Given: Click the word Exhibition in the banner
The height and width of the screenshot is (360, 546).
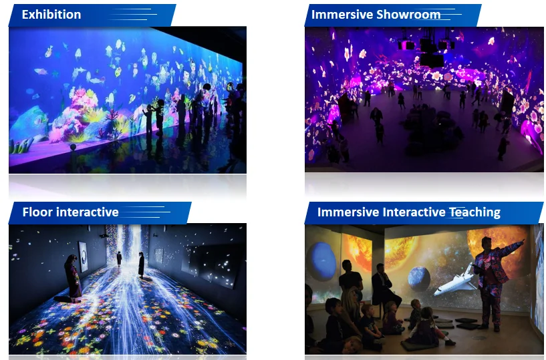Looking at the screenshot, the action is (51, 15).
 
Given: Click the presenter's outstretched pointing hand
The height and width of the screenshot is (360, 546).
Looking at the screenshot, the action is (521, 241).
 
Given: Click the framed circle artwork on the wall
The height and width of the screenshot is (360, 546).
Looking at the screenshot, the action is (84, 256).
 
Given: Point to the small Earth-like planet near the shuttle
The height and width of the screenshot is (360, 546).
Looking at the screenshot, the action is (418, 279).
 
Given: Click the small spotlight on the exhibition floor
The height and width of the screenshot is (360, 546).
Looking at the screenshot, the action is (73, 148).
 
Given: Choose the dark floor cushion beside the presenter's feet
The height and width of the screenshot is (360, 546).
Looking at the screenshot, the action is (468, 326).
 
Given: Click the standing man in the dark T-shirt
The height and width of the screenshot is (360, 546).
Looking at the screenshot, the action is (350, 279).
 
